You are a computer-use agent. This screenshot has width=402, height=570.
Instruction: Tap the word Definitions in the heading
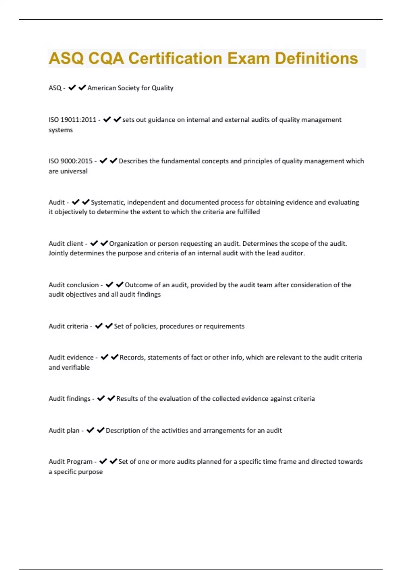[316, 58]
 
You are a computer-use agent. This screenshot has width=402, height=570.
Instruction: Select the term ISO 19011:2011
[72, 120]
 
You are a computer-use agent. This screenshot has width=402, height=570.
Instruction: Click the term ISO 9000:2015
[70, 161]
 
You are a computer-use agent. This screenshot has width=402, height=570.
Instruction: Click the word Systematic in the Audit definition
[108, 202]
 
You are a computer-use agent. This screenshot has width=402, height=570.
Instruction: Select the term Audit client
[66, 243]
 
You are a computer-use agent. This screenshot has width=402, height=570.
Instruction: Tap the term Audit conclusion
[74, 285]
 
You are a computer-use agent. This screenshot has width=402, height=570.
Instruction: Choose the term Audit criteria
[68, 326]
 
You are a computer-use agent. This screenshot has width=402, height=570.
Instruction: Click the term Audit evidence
[71, 357]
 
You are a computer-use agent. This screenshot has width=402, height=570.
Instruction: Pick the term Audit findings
[69, 399]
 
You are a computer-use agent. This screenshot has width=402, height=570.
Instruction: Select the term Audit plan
[64, 430]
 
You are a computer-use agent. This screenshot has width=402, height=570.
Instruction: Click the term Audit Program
[70, 462]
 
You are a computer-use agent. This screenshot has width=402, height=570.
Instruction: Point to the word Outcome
[138, 285]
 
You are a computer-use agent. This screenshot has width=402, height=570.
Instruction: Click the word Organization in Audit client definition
[128, 243]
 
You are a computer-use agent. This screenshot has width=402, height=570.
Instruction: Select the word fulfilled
[248, 212]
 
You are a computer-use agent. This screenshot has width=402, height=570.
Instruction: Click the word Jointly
[59, 253]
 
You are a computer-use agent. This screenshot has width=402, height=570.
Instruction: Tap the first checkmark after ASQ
[72, 88]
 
